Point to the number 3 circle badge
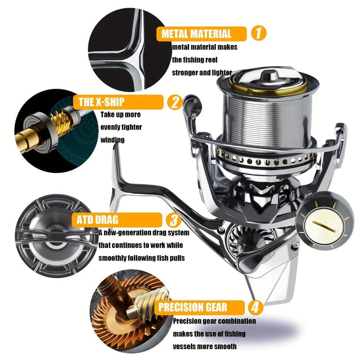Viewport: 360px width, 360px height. click(x=173, y=220)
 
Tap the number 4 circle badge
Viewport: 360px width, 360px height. click(x=255, y=308)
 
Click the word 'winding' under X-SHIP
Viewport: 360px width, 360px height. click(x=112, y=140)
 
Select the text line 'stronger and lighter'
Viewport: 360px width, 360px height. click(x=202, y=72)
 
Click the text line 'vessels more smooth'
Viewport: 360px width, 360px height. click(x=205, y=347)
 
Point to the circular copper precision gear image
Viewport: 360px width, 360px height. click(x=124, y=310)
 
